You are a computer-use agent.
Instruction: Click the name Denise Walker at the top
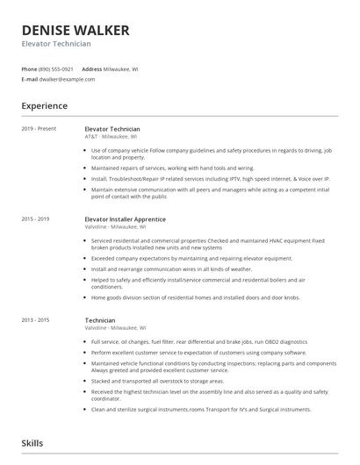click(76, 30)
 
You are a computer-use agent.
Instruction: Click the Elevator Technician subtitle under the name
click(56, 44)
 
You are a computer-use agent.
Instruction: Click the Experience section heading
click(45, 106)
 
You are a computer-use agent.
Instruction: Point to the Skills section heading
click(32, 445)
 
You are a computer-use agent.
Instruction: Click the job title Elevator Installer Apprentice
click(125, 218)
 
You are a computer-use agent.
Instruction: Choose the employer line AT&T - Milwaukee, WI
click(111, 137)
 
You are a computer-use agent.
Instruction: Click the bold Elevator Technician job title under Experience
click(112, 129)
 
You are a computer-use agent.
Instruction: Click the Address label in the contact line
click(92, 68)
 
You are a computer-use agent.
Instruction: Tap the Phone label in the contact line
click(29, 68)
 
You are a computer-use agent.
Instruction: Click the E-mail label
click(30, 79)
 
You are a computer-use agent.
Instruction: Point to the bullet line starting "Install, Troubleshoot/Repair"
click(211, 178)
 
